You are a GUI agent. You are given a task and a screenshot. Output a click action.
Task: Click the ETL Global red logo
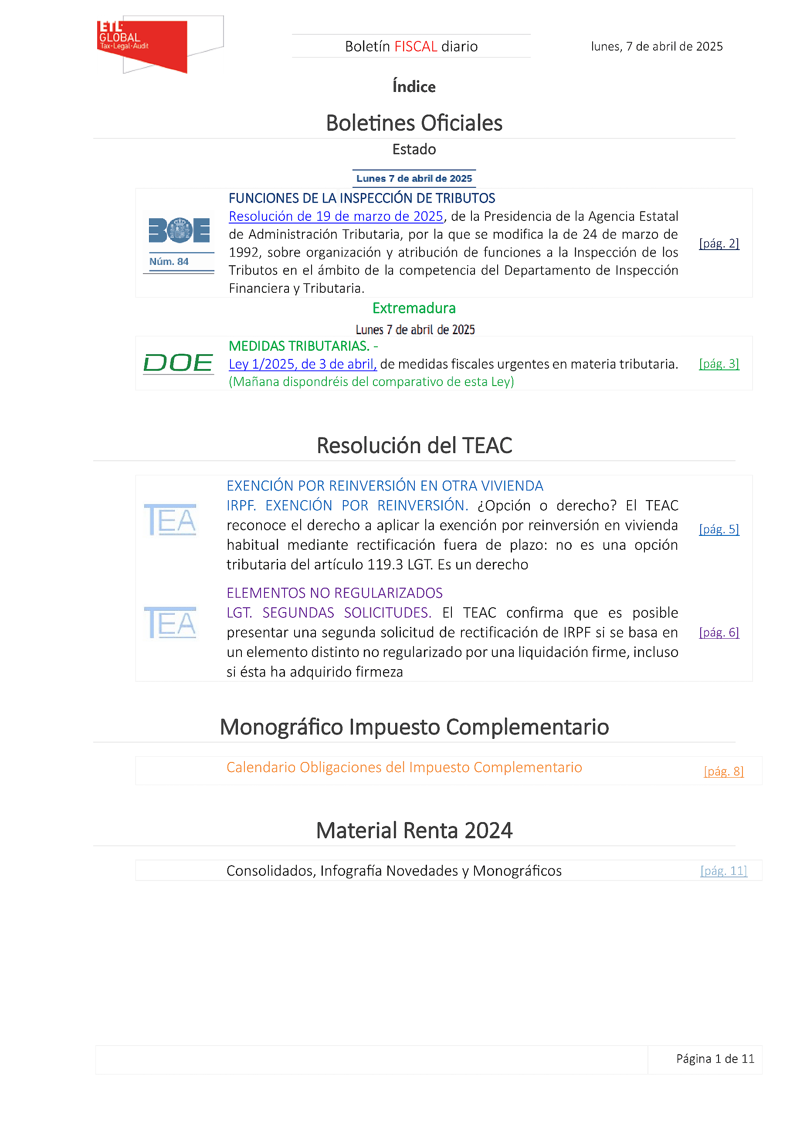143,45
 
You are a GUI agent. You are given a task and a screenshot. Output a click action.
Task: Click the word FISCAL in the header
416,46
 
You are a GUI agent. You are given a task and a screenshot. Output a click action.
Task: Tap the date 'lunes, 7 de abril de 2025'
657,46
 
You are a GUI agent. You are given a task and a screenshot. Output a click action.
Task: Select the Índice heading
414,87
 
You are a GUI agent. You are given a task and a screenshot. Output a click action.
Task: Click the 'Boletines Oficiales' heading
414,123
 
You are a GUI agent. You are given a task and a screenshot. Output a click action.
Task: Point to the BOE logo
179,230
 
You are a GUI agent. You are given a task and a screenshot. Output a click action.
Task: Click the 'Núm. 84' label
169,261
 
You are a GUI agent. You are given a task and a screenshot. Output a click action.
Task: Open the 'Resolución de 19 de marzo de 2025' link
336,216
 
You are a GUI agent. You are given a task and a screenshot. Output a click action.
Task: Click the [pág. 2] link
719,244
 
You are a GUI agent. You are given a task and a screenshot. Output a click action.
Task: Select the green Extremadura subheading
414,308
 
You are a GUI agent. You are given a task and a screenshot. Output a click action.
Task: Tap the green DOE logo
178,363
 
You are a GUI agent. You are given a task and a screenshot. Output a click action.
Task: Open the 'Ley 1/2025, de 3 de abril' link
302,364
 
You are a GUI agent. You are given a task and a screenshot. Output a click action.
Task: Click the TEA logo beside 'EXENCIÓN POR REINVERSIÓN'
170,520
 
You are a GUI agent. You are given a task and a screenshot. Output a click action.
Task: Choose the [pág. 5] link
719,529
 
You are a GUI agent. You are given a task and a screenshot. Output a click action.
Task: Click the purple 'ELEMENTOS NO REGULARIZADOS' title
335,593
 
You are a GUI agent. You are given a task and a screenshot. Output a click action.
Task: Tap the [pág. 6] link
719,632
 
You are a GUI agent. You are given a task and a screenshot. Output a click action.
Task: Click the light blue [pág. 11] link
723,870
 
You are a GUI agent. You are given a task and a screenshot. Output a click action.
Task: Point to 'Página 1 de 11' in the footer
715,1059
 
